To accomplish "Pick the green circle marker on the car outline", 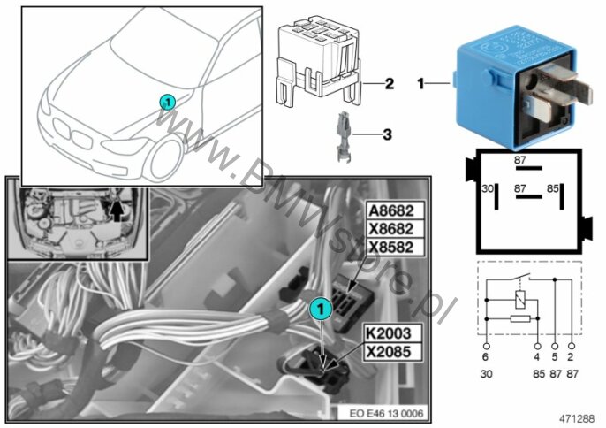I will pyautogui.click(x=167, y=102).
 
